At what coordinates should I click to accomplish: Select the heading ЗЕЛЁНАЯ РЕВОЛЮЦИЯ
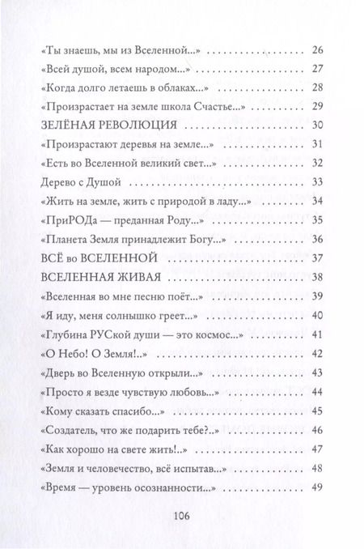click(106, 126)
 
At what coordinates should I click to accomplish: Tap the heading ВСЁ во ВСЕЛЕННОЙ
click(85, 258)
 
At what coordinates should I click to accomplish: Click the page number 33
click(317, 181)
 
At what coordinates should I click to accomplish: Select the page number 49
click(317, 465)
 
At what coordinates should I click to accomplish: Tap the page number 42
click(317, 352)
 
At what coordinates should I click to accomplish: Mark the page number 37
click(317, 258)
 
